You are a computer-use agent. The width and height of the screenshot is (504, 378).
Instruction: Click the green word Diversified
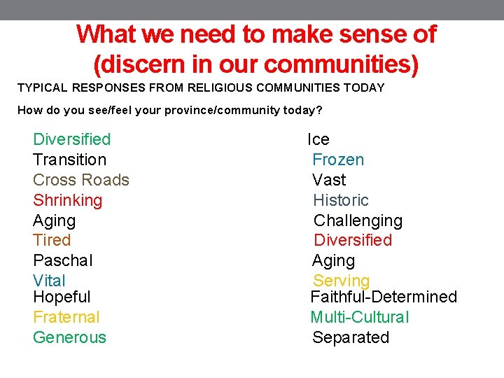pyautogui.click(x=71, y=139)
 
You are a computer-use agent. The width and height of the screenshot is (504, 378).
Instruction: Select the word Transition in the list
pyautogui.click(x=69, y=160)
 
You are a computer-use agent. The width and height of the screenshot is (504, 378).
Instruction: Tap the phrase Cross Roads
pyautogui.click(x=80, y=180)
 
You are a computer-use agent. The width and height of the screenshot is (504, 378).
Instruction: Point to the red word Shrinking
pyautogui.click(x=67, y=200)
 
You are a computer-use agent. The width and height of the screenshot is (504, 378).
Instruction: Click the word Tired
pyautogui.click(x=52, y=240)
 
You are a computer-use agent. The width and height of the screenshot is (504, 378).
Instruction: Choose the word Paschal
pyautogui.click(x=62, y=260)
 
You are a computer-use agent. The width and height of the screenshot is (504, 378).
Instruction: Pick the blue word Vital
pyautogui.click(x=49, y=281)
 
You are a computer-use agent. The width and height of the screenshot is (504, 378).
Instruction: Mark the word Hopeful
pyautogui.click(x=62, y=297)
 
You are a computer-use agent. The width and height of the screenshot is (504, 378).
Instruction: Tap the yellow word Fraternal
pyautogui.click(x=66, y=317)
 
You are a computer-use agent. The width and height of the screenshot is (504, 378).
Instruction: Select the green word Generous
pyautogui.click(x=69, y=337)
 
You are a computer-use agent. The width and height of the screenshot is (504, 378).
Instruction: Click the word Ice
pyautogui.click(x=318, y=139)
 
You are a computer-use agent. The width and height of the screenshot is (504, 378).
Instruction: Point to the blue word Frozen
pyautogui.click(x=338, y=160)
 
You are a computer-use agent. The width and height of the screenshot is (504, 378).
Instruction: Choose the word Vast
pyautogui.click(x=329, y=180)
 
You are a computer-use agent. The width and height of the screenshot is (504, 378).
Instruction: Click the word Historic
pyautogui.click(x=341, y=200)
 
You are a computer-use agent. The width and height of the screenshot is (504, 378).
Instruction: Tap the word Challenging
pyautogui.click(x=358, y=220)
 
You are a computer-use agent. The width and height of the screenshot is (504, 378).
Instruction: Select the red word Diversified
pyautogui.click(x=353, y=240)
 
